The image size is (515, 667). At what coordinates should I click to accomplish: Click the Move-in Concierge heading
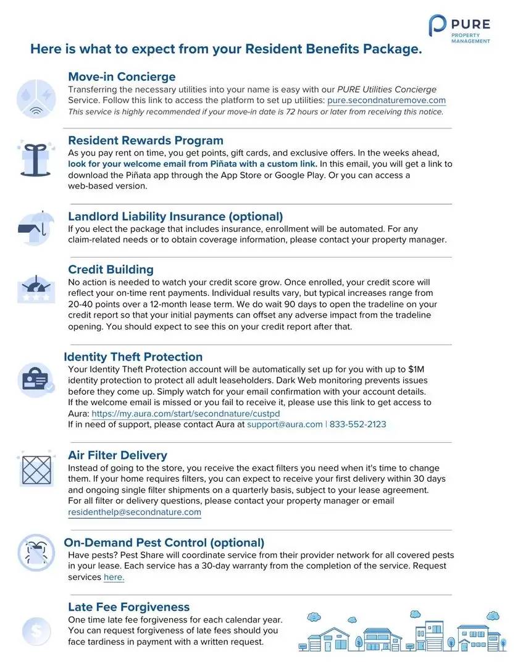(x=122, y=77)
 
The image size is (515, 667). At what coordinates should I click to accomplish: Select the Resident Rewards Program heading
(x=146, y=140)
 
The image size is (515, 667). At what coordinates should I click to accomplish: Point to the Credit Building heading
(x=111, y=269)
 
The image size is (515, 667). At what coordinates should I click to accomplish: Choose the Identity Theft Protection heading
(x=133, y=356)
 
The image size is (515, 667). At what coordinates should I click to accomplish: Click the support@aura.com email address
(x=285, y=425)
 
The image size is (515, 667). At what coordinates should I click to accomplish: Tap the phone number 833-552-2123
(x=359, y=425)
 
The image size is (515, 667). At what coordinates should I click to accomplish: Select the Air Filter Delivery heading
(x=117, y=455)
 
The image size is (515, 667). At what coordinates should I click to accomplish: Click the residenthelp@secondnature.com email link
(x=135, y=512)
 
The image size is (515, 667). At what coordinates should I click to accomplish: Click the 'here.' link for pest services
(x=114, y=577)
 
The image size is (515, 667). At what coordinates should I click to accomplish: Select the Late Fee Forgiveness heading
(x=128, y=607)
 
